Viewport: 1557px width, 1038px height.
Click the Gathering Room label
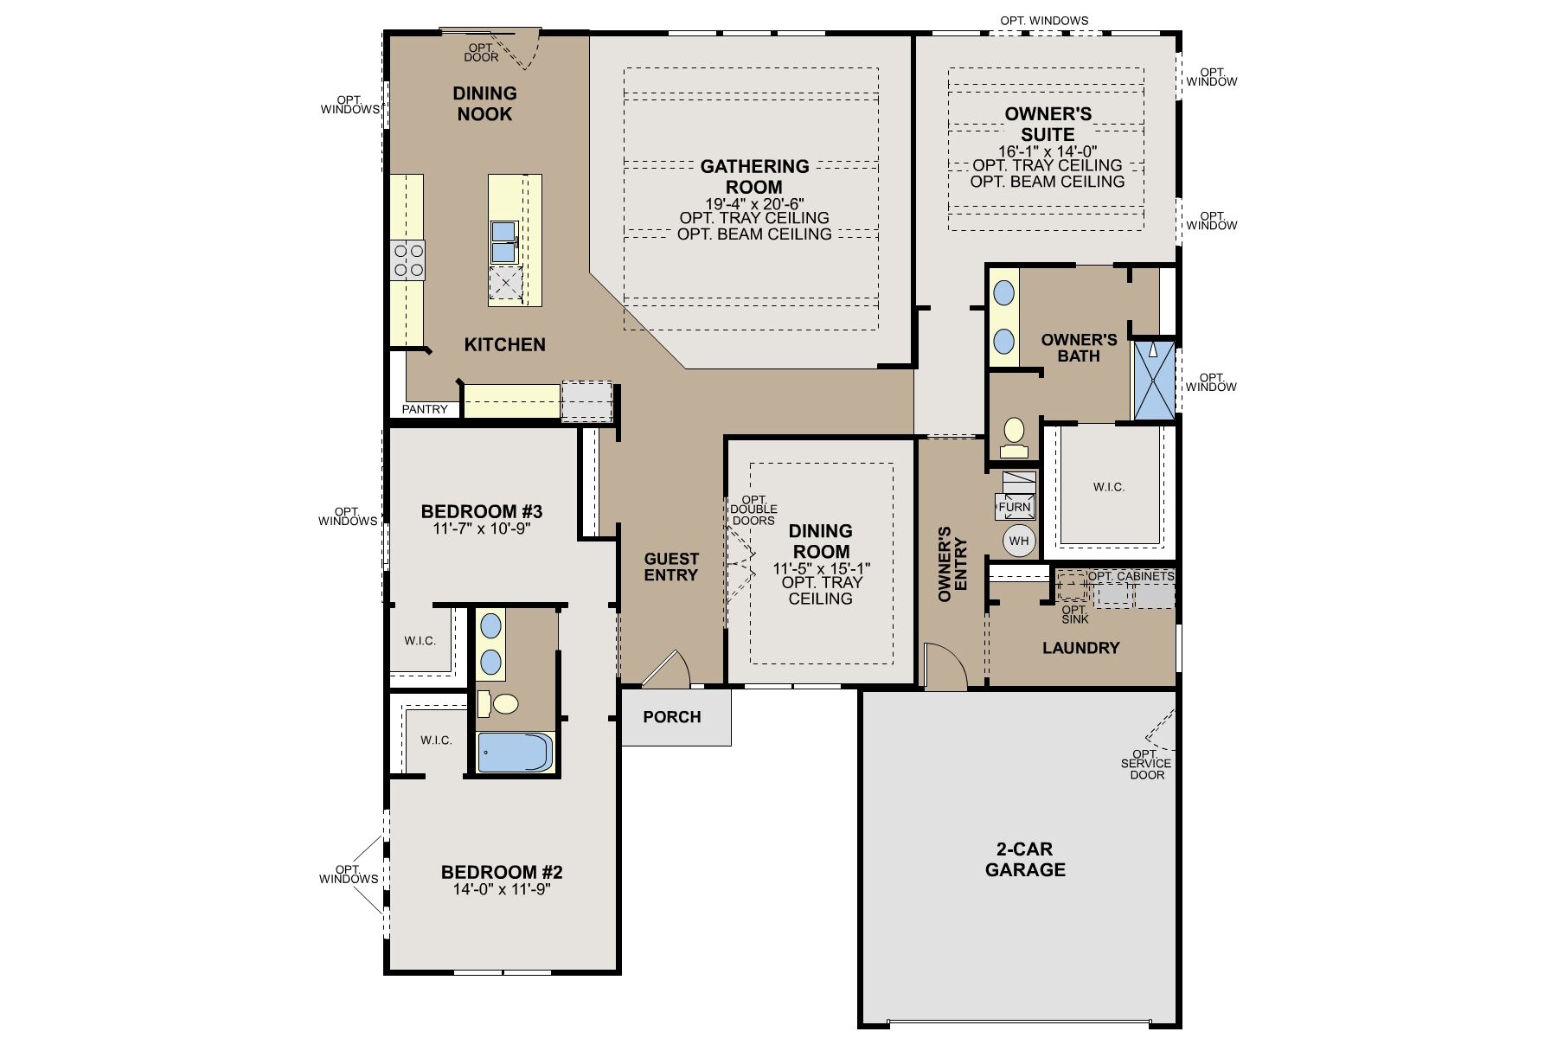754,176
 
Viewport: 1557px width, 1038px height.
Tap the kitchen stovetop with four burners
408,260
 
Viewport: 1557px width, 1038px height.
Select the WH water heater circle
1019,541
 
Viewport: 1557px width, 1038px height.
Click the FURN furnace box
1015,507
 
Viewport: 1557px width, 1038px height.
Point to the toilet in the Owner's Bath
1013,437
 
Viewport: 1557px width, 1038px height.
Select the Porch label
672,717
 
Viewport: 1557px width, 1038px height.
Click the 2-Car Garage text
1025,860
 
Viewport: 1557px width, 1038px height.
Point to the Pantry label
425,409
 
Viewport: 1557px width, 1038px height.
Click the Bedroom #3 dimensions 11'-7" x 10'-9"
481,529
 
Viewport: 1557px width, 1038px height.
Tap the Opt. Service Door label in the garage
1147,764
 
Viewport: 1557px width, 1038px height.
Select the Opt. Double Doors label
754,510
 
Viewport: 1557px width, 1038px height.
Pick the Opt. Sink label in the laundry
1075,615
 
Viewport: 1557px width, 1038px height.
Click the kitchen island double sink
503,241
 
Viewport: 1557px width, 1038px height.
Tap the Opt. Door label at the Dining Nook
481,53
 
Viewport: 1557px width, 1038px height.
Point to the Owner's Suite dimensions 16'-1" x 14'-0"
1048,151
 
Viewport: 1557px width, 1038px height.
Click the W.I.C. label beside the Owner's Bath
1109,487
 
